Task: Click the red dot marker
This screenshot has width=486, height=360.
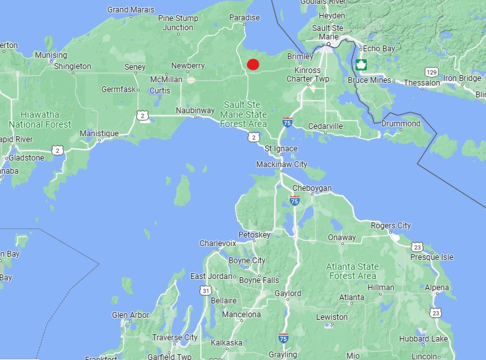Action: pos(253,64)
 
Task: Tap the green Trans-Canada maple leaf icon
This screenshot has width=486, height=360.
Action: pos(361,64)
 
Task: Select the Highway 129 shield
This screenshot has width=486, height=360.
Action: pos(431,71)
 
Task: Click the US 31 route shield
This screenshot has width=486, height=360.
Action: pos(206,290)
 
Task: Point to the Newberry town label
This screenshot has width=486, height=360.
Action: pos(188,66)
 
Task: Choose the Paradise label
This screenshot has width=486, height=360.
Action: pos(244,18)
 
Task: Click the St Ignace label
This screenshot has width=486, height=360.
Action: pos(281,149)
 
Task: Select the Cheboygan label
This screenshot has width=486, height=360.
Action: pos(312,189)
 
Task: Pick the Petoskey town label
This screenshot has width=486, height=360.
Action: pos(254,235)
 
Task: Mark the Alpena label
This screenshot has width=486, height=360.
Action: pos(437,288)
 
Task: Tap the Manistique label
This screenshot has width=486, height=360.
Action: pos(99,134)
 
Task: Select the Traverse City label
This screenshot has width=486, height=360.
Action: pos(175,338)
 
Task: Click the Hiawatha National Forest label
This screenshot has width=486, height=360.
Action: pos(40,119)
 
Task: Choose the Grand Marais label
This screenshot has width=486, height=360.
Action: pos(131,10)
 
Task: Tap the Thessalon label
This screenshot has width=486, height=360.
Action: pos(421,83)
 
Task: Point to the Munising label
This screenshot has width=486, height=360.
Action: pos(51,55)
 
